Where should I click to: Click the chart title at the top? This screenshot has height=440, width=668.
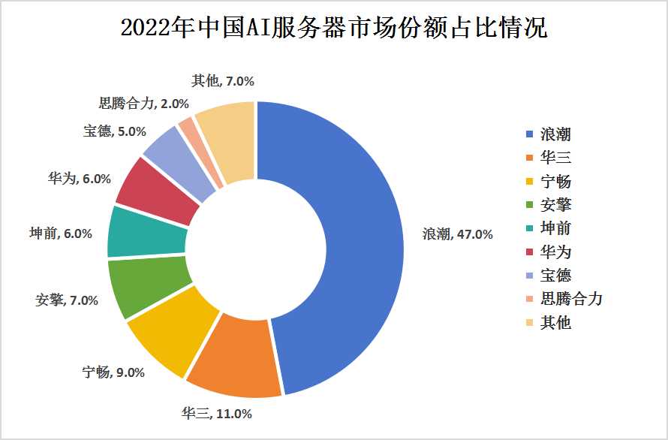334,29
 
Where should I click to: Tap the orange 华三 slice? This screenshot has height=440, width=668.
236,357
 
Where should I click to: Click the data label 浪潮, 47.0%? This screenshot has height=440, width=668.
456,234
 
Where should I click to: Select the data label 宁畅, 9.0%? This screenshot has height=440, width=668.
113,372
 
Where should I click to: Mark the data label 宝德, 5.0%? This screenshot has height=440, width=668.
114,131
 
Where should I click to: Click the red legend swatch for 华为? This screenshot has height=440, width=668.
530,252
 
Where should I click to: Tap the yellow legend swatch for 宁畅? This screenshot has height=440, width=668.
530,182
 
